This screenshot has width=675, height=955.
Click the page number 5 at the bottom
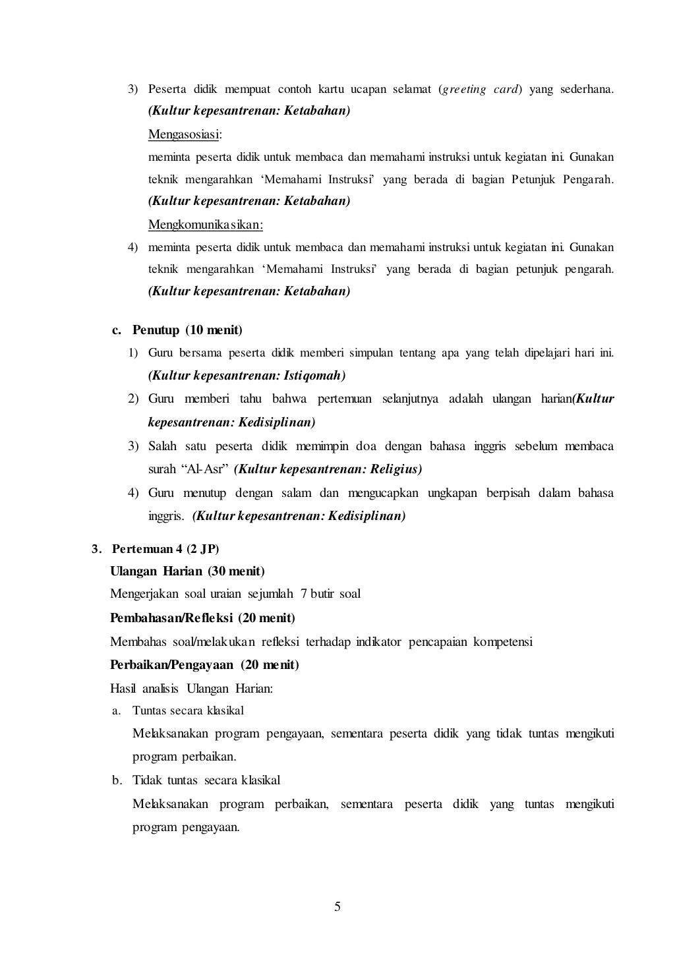point(337,907)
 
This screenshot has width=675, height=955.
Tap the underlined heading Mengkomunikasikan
point(205,225)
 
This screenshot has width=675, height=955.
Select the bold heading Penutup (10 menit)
point(187,330)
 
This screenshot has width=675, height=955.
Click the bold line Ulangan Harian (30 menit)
point(187,571)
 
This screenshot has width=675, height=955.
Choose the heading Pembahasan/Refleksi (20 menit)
point(202,618)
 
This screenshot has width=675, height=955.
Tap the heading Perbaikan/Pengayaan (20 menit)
point(204,664)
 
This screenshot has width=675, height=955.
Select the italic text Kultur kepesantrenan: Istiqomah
point(247,376)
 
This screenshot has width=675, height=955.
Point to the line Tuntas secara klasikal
point(188,710)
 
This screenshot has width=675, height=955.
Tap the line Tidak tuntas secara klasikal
point(206,780)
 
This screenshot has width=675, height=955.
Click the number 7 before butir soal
point(303,594)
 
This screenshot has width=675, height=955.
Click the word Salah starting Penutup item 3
point(162,446)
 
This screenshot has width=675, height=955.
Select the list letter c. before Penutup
point(117,330)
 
